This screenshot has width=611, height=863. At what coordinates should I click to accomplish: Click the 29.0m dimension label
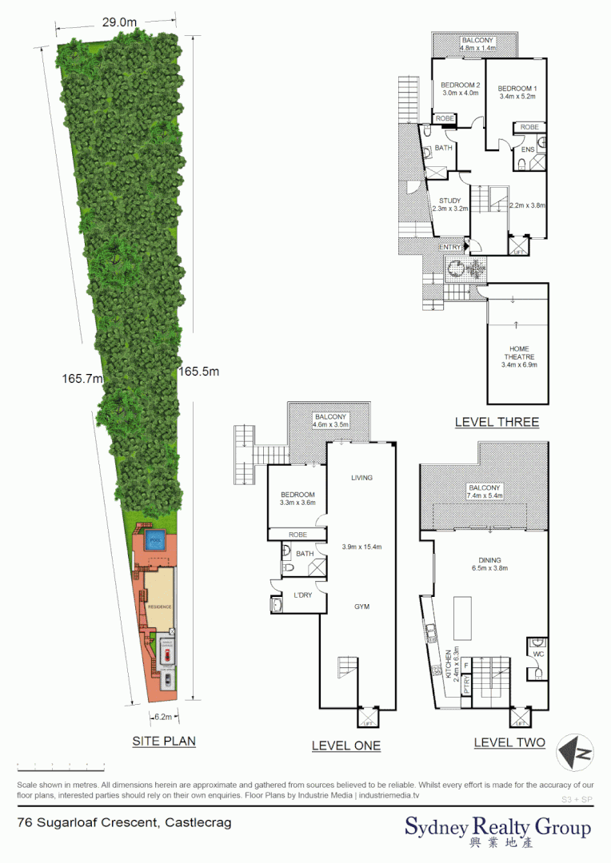coord(119,23)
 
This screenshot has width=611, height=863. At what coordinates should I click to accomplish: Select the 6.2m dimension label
coord(164,717)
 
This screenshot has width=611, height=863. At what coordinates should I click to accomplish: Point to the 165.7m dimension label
coord(82,379)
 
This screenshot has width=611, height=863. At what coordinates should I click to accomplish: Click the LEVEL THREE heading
coord(496,422)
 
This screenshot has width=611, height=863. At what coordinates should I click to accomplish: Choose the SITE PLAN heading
coord(163,742)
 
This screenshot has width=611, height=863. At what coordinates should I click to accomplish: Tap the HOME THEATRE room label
coord(519,356)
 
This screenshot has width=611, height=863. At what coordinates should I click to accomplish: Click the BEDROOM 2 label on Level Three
coord(461,87)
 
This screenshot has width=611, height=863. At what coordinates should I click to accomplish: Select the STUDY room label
coord(449,201)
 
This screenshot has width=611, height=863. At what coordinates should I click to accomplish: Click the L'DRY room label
coord(302,595)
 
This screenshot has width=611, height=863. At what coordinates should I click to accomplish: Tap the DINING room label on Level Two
coord(489,561)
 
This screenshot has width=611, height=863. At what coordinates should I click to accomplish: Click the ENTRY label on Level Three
coord(450,248)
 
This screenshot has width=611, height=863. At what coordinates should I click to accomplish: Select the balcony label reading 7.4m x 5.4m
coord(485,492)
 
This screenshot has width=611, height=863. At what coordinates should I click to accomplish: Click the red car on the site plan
coord(167,654)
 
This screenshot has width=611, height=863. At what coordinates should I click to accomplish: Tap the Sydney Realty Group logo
coord(497,830)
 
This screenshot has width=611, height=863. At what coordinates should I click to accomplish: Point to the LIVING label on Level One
coord(361,478)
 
